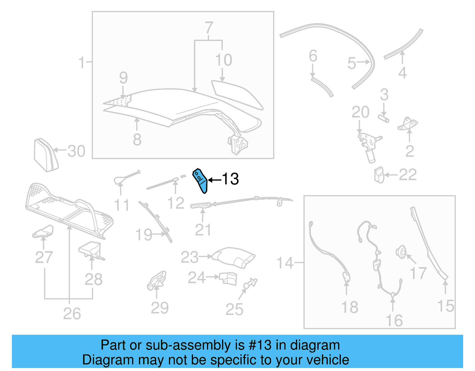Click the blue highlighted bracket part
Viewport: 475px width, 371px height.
200,181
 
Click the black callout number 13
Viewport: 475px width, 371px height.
230,179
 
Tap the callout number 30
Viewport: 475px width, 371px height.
76,151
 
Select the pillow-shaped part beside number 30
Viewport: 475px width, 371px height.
45,155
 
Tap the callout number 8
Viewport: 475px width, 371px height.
137,139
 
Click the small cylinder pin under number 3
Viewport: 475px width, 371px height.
384,118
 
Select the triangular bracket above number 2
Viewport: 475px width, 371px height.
408,124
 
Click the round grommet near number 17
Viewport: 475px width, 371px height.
401,252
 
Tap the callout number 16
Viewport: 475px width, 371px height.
394,321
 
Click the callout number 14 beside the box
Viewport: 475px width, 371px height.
285,263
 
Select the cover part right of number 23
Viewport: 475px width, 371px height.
235,257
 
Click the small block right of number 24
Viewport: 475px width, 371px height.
229,279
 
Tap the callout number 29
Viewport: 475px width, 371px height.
160,308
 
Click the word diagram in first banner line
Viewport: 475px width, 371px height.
315,345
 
